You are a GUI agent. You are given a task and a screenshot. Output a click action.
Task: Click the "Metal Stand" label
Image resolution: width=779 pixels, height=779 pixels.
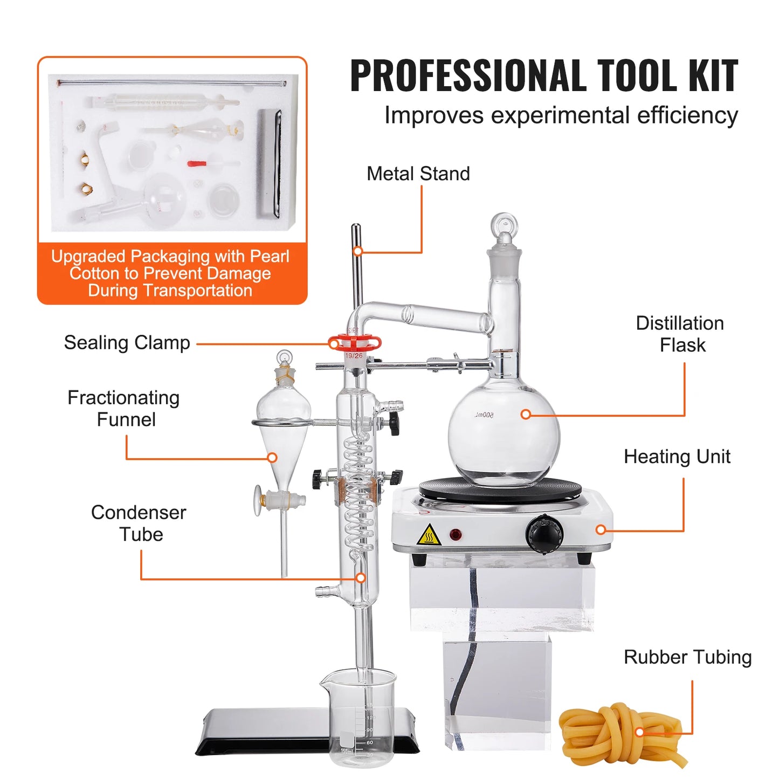click(x=418, y=174)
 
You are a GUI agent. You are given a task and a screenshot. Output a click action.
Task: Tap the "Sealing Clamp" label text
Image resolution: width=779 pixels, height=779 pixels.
click(x=127, y=343)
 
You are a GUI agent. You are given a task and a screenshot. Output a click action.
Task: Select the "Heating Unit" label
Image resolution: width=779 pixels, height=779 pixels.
click(x=677, y=457)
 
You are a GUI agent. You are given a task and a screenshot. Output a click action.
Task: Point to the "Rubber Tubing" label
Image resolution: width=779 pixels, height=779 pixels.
click(x=687, y=657)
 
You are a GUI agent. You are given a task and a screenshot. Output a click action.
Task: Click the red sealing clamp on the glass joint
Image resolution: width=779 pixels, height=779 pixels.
click(x=355, y=342)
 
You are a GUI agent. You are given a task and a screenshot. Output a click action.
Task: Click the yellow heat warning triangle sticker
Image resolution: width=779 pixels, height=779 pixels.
click(x=429, y=535)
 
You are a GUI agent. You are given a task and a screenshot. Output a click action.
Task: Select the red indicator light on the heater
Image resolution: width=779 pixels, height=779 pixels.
click(x=456, y=535)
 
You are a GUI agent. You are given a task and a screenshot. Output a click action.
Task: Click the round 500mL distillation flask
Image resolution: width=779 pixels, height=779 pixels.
click(x=504, y=429)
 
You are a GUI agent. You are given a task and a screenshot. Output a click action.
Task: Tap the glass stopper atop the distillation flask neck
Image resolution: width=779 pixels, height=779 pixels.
click(x=505, y=237)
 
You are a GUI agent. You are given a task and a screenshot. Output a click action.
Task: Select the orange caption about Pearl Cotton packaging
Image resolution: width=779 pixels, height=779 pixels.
click(x=171, y=273)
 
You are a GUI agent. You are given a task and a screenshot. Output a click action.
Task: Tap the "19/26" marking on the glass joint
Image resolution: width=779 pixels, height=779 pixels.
click(x=354, y=356)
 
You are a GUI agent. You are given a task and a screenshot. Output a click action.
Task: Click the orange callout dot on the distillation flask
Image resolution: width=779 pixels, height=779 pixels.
click(x=526, y=414)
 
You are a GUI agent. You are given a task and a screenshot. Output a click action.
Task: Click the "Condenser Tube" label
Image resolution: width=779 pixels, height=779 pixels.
click(x=139, y=523)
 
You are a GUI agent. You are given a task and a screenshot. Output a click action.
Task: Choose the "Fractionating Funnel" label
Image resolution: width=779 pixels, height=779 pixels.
click(x=124, y=409)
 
